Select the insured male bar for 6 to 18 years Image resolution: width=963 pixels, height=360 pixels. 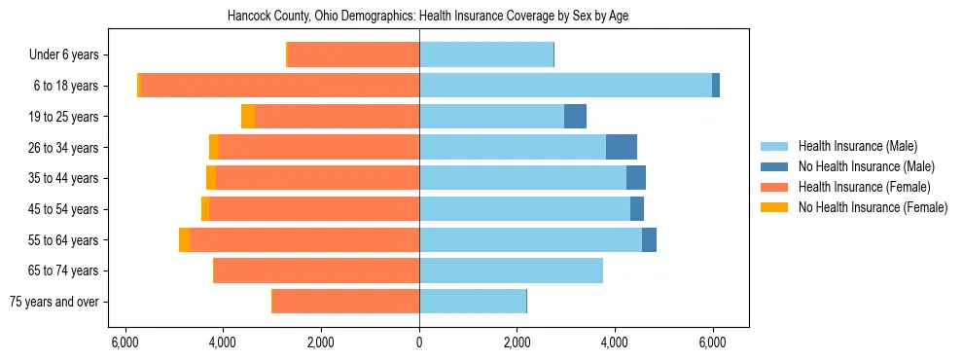click(565, 86)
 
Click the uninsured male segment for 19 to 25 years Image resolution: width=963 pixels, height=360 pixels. click(575, 117)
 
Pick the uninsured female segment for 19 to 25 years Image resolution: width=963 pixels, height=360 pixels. click(248, 117)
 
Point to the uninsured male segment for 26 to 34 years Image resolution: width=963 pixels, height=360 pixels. click(622, 147)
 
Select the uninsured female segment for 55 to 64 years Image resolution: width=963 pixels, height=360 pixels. click(185, 239)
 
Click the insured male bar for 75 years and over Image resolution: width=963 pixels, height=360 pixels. click(473, 302)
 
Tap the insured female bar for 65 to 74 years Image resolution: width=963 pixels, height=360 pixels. click(316, 270)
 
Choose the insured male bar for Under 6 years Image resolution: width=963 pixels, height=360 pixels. click(486, 55)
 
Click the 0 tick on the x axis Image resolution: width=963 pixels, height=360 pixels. click(419, 342)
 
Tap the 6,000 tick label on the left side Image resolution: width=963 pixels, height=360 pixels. click(124, 342)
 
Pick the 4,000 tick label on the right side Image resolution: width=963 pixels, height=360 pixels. click(615, 342)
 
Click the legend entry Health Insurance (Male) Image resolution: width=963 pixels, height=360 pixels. click(852, 146)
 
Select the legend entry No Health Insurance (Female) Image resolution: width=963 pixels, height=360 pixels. click(873, 207)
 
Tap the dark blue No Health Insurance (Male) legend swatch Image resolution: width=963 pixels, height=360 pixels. click(774, 166)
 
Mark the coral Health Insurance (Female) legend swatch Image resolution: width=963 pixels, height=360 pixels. click(774, 187)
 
